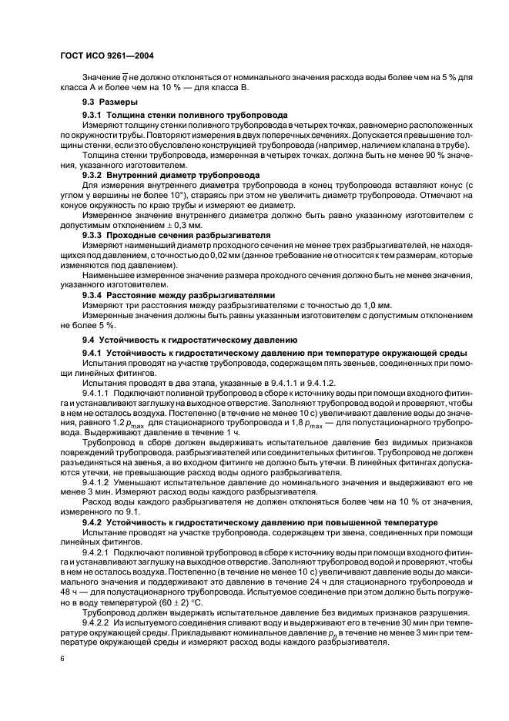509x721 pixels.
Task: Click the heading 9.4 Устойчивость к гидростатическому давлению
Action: click(x=189, y=339)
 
